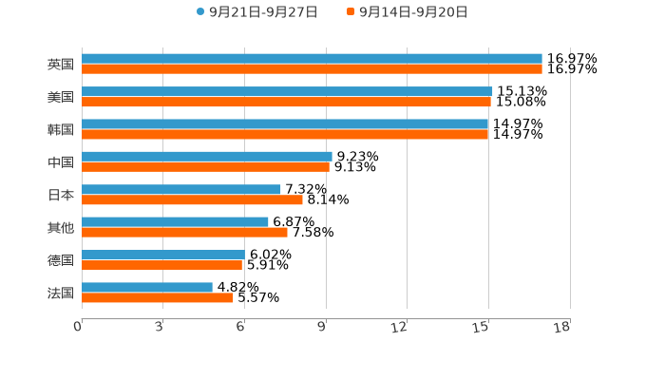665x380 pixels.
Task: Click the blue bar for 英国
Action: click(312, 59)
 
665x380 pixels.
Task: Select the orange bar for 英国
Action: click(312, 69)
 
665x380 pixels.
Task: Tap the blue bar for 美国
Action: click(287, 91)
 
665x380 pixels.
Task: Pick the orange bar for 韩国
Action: click(285, 134)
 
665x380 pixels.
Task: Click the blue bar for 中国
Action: click(207, 156)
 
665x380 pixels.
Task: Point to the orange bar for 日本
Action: click(192, 199)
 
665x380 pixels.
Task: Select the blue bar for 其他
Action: click(175, 221)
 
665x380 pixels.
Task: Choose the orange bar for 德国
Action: click(161, 265)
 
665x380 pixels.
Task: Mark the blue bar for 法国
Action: click(147, 287)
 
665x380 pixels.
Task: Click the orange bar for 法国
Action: click(158, 297)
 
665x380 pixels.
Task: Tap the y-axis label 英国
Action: click(61, 65)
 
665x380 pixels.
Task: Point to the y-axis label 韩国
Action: click(61, 130)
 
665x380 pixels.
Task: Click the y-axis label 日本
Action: click(61, 195)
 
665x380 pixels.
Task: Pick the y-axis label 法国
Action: click(61, 293)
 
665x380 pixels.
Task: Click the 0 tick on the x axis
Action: click(79, 328)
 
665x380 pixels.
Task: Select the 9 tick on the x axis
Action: click(323, 328)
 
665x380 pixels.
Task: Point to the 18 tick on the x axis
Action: click(563, 328)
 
